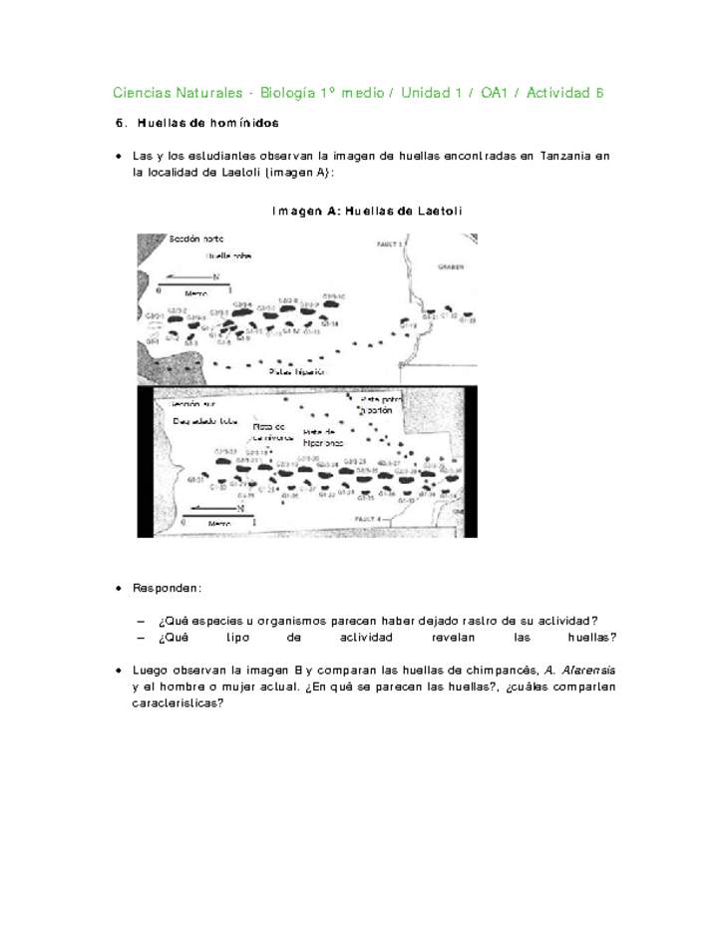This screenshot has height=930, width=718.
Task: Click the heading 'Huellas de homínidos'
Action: tap(207, 123)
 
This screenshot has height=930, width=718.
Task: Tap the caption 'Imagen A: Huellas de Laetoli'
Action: tap(366, 212)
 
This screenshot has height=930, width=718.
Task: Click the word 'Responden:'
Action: tap(168, 589)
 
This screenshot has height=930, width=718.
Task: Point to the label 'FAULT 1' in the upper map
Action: tap(390, 242)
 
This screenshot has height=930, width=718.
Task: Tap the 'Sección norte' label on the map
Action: tap(195, 239)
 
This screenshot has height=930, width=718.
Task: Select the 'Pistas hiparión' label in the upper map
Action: tap(292, 370)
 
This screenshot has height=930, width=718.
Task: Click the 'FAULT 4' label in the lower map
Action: tap(368, 519)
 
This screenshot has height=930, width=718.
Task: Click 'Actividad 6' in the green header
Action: tap(565, 93)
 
